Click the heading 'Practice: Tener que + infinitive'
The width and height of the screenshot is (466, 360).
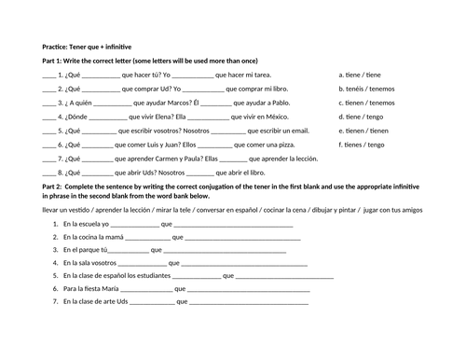coord(87,47)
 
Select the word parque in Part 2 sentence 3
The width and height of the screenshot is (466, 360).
coord(85,250)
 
